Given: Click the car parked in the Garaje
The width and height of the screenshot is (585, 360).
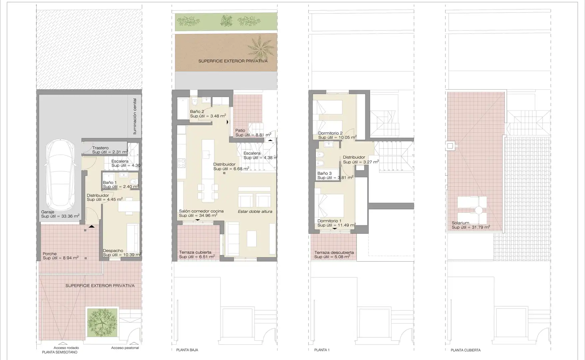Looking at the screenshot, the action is coord(61,173).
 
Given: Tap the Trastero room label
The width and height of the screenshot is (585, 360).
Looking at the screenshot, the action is coord(100,148).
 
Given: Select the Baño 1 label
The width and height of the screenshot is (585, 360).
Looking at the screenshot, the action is coord(110,183).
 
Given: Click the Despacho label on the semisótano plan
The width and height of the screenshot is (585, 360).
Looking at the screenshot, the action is coord(113,251).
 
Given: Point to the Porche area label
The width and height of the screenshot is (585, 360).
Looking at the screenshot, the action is coord(50,254).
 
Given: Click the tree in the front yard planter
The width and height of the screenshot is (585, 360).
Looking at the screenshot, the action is coord(102,322).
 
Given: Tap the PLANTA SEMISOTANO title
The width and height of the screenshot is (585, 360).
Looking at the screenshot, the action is coord(60,352).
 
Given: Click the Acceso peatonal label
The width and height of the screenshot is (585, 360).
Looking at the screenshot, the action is coord(125,348).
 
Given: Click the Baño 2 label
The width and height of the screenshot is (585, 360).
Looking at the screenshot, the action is coord(197,112).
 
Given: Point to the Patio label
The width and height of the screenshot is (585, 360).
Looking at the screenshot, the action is coord(240,131).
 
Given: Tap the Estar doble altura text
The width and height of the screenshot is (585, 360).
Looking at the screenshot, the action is coord(255,211).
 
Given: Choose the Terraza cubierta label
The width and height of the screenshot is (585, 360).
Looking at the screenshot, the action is coord(195,252).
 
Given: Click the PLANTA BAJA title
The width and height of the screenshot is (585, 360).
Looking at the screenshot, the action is coord(187,350).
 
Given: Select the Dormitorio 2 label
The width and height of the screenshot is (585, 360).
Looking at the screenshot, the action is coord(330,133).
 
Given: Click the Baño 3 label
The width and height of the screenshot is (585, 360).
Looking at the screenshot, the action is coord(324,173).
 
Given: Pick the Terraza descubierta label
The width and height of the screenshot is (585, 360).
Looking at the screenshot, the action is coord(334,253).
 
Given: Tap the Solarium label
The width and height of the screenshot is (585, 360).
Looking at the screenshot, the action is coord(460,223).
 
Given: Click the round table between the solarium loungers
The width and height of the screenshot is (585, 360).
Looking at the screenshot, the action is coord(479,210).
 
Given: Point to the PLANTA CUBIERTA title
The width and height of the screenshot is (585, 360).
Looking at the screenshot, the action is coord(465,350).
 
